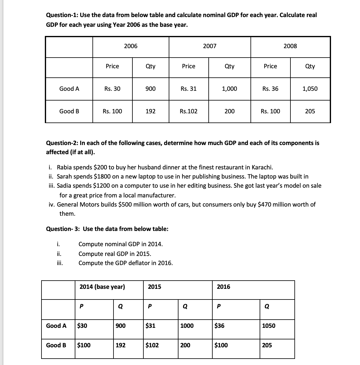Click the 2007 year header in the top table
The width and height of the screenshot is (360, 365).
210,46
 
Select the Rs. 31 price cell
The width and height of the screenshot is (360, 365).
189,89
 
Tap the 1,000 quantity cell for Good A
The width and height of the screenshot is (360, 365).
229,89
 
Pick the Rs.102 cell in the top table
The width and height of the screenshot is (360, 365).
189,111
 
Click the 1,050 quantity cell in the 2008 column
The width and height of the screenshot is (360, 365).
310,89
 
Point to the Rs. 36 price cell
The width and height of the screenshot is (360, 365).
270,89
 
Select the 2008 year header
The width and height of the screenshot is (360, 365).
290,46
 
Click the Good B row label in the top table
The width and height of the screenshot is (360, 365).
69,111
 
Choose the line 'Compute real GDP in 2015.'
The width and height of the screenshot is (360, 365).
115,254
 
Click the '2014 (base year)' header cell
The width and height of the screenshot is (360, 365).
102,287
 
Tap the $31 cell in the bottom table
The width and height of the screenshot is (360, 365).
150,326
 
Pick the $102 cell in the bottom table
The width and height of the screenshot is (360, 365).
152,345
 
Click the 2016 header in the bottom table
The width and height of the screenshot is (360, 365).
223,287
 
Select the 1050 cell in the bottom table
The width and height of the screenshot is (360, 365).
268,326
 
